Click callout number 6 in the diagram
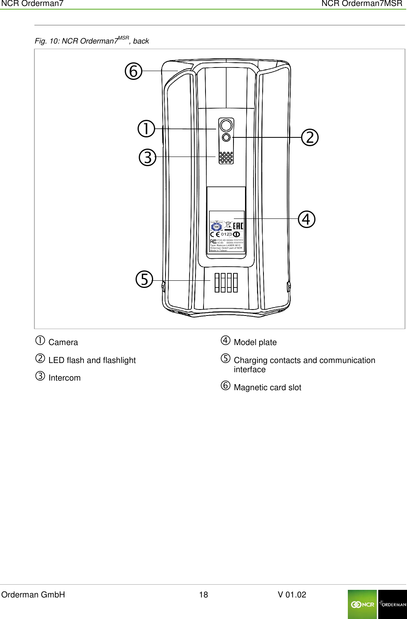click(x=134, y=71)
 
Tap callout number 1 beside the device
click(x=146, y=129)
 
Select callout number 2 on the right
click(x=310, y=137)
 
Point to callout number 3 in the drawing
click(x=148, y=157)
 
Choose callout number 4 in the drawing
click(x=307, y=219)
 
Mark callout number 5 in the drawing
click(x=144, y=279)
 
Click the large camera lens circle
click(x=226, y=126)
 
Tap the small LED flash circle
click(x=226, y=137)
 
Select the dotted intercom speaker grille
click(x=226, y=157)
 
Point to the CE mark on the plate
click(x=215, y=234)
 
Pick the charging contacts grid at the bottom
click(x=226, y=283)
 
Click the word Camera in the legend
click(x=63, y=343)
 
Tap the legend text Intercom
click(x=64, y=378)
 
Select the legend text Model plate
click(x=255, y=343)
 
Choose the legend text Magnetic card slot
click(x=267, y=388)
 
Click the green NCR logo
click(x=362, y=604)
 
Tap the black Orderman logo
click(x=392, y=604)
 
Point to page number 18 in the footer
click(x=203, y=595)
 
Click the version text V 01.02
click(x=292, y=595)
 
